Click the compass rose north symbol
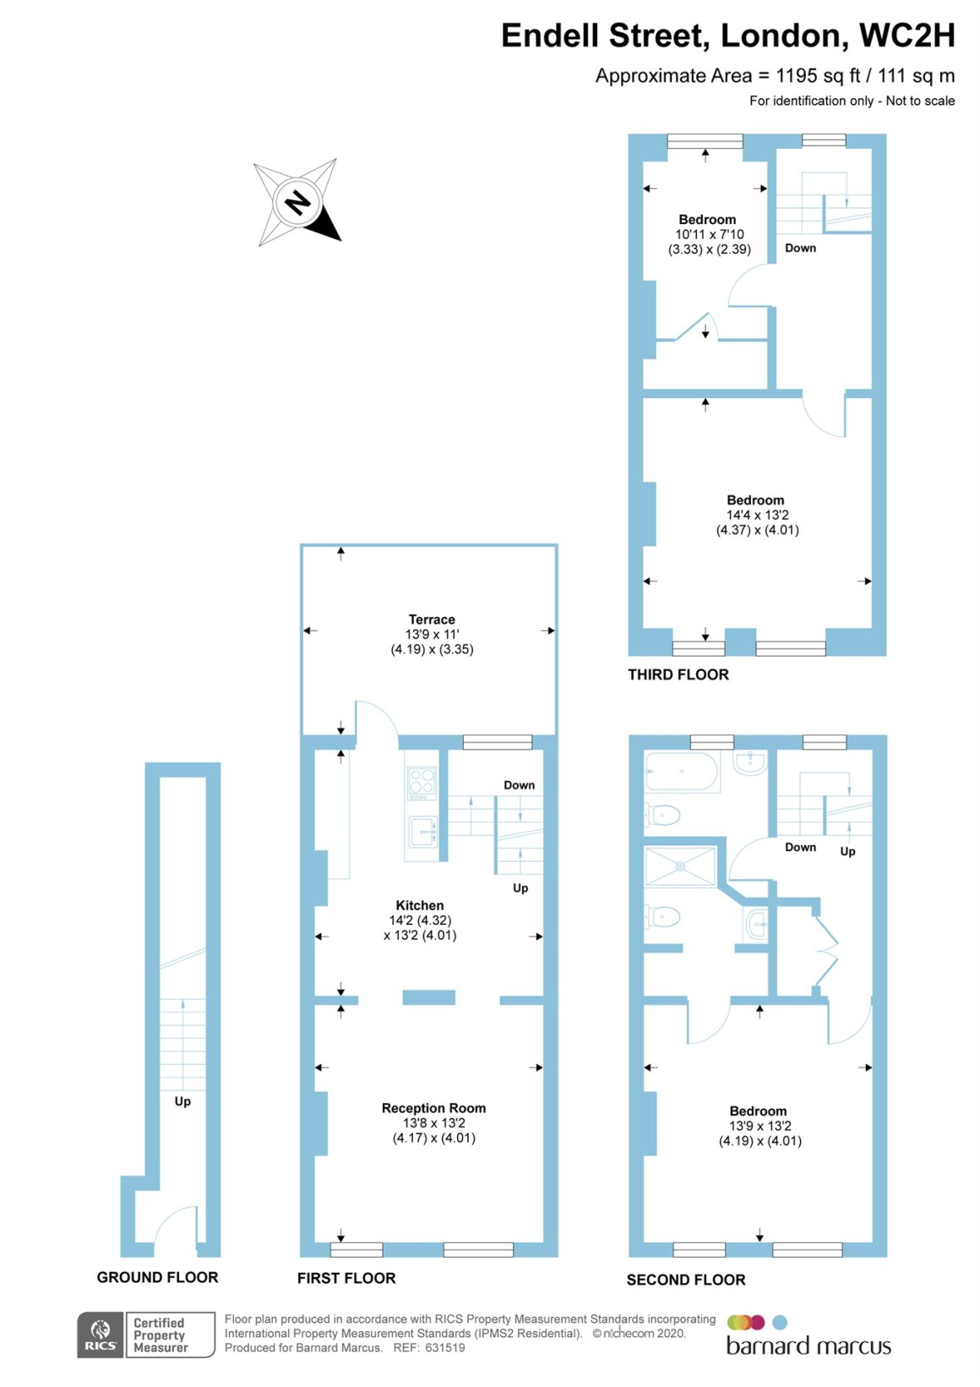point(297,203)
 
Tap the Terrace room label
point(432,620)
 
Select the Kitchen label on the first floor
point(420,905)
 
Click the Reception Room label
point(433,1108)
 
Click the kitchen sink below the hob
point(422,831)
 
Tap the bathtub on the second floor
point(682,772)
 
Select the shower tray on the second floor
point(680,866)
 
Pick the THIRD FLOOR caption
point(678,674)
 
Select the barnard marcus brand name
point(808,1346)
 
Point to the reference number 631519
point(444,1347)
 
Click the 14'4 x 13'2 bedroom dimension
point(757,515)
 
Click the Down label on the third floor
point(800,248)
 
